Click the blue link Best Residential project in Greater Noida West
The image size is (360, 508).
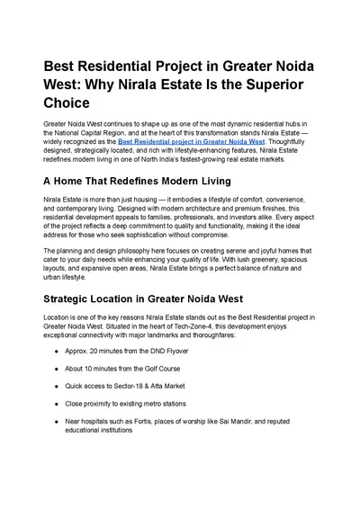[191, 141]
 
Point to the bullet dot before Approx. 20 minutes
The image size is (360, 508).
[58, 352]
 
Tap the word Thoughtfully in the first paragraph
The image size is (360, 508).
[287, 141]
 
